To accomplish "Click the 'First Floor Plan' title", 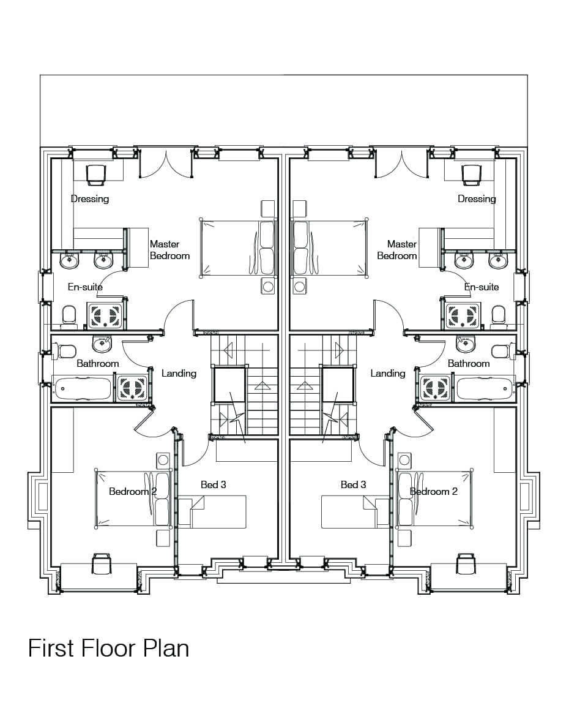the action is point(108,649).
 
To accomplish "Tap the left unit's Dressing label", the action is point(90,198).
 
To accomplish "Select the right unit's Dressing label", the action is point(477,198).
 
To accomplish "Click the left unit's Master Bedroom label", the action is point(169,250).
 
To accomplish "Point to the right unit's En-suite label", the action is point(482,287).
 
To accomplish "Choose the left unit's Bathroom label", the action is point(97,363).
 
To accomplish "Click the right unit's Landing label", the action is point(388,373).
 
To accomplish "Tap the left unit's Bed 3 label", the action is point(213,484).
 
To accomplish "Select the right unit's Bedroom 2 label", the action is point(433,491).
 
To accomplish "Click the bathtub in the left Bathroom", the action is point(83,388).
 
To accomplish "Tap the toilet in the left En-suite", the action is point(70,315).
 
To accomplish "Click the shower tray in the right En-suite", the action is point(462,315).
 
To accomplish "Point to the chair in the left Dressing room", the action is point(96,175).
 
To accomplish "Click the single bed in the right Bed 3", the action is point(355,512).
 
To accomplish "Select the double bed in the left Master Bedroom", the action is point(238,248).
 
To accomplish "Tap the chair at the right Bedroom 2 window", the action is point(466,563).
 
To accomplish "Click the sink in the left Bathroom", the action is point(102,345).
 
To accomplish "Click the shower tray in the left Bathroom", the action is point(132,388).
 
